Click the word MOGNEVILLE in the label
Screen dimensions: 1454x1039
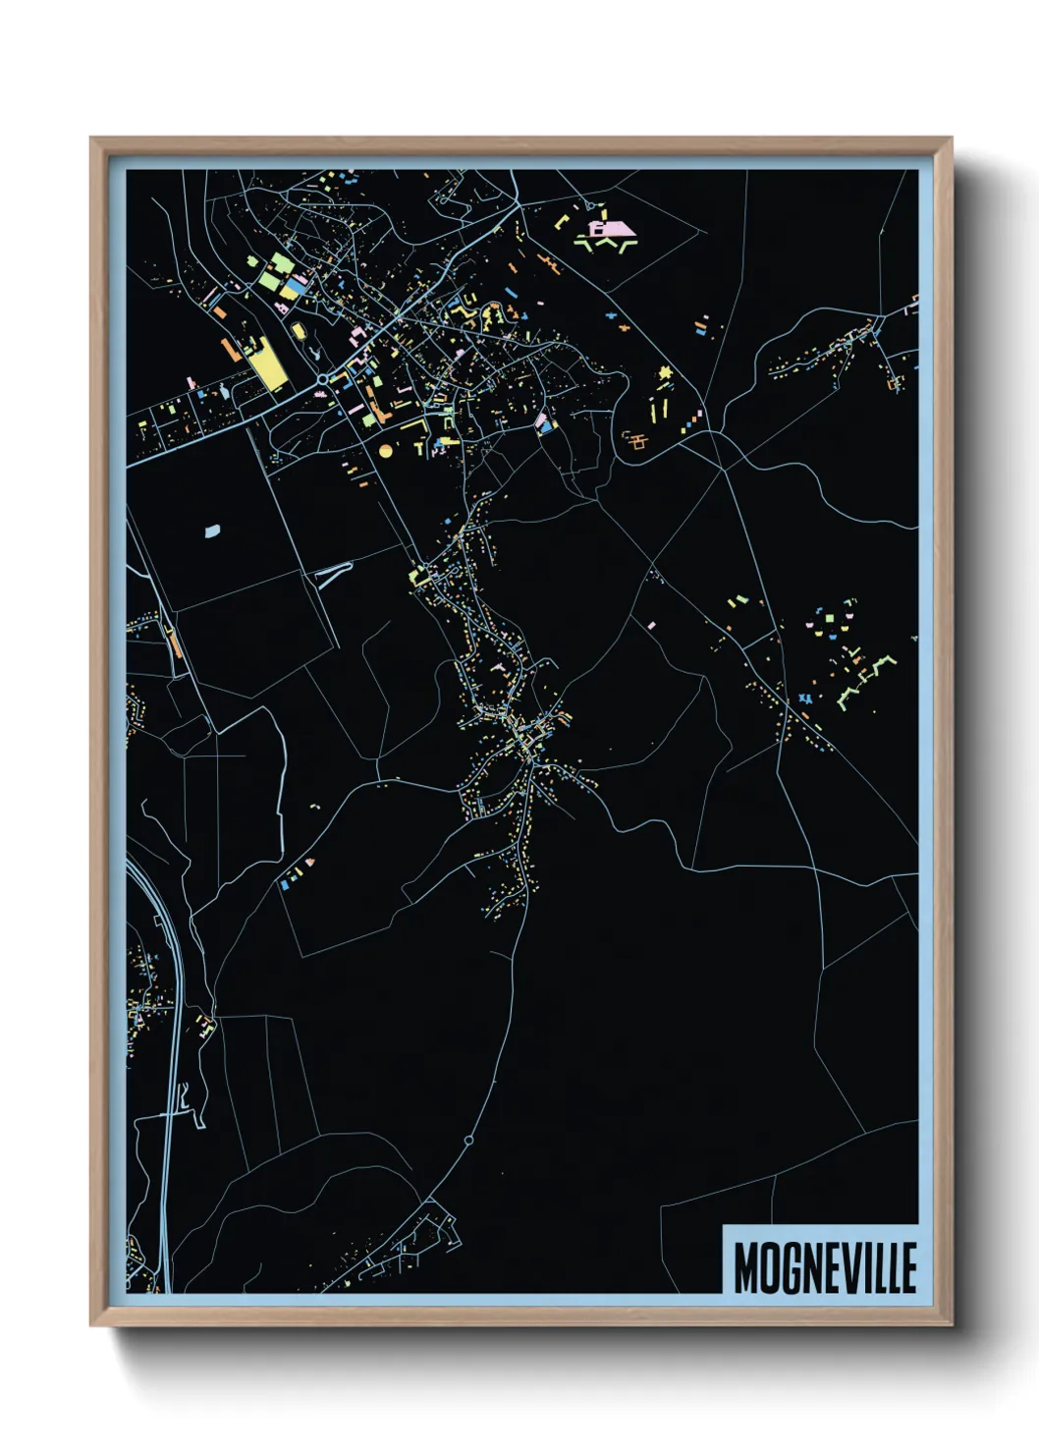825,1267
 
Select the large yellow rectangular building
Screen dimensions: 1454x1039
265,365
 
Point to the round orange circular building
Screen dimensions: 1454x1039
385,450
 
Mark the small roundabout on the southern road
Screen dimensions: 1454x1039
468,1141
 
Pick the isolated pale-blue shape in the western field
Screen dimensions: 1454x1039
212,531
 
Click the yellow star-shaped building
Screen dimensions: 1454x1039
665,372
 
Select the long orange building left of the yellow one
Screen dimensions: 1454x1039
231,351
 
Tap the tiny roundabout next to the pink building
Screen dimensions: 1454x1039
591,205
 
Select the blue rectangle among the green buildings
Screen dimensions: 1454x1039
294,282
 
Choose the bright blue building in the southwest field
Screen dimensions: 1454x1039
285,884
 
